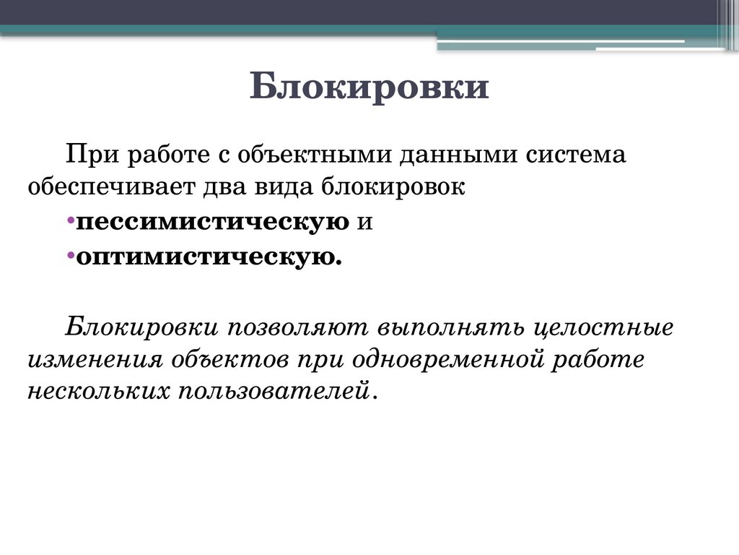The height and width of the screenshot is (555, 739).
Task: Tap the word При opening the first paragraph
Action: pyautogui.click(x=87, y=153)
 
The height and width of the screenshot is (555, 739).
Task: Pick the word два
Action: pyautogui.click(x=218, y=186)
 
